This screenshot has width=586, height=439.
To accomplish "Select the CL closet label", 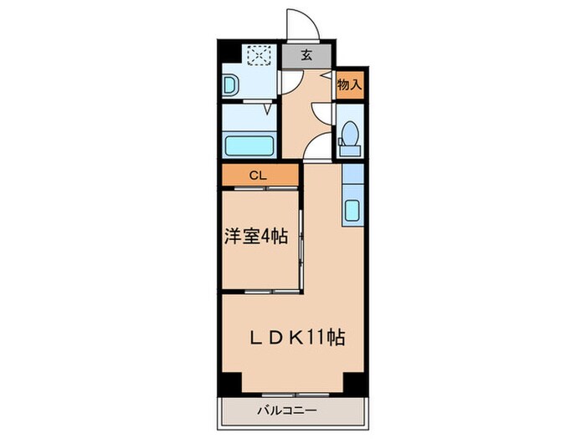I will [260, 175].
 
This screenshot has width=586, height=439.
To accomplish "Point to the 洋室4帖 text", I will [255, 237].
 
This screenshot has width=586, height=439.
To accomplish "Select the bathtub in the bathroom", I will [250, 145].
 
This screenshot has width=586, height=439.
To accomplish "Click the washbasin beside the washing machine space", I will [231, 84].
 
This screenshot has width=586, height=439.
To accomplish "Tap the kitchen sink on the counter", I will [352, 210].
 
